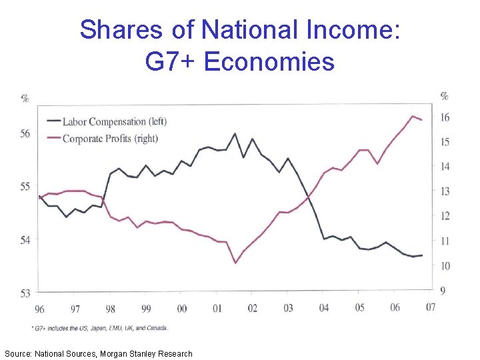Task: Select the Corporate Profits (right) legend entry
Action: click(x=110, y=139)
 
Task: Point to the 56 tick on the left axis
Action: click(x=25, y=134)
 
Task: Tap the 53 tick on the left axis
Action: click(x=25, y=292)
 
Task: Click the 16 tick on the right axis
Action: click(x=445, y=118)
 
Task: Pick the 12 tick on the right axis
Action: click(x=445, y=216)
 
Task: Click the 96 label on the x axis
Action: click(x=39, y=309)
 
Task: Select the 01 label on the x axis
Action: click(x=217, y=309)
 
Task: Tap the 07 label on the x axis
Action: click(x=431, y=308)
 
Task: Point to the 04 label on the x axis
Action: click(x=324, y=309)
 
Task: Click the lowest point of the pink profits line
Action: click(x=235, y=263)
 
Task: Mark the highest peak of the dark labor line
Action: click(x=235, y=133)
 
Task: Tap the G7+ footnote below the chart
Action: click(x=100, y=328)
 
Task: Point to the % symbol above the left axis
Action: click(x=25, y=99)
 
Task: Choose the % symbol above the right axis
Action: click(x=445, y=96)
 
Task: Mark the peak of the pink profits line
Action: click(x=413, y=116)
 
